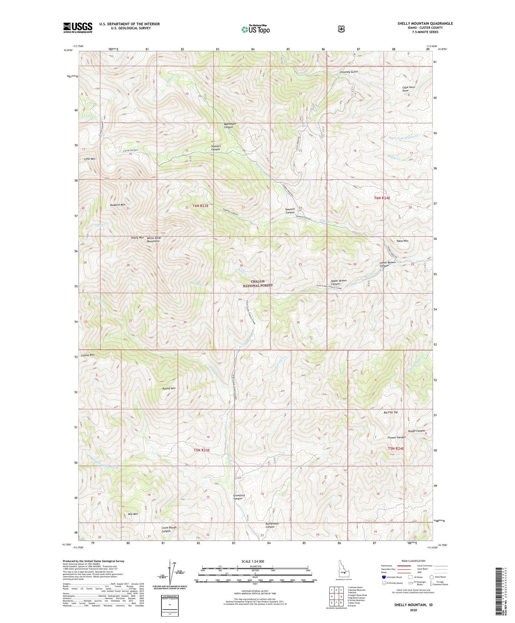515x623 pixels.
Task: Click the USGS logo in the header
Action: tap(78, 27)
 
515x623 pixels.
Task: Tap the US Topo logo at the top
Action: tap(255, 29)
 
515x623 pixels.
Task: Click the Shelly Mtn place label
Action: tap(137, 238)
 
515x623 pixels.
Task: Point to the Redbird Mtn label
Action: tap(118, 205)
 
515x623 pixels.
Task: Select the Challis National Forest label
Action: tap(258, 283)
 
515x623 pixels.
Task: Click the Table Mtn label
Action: tap(402, 241)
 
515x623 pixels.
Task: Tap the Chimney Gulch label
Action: tap(349, 72)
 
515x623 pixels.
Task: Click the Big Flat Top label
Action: tap(391, 412)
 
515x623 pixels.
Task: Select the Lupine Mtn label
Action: tap(87, 355)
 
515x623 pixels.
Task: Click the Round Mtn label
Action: tap(169, 388)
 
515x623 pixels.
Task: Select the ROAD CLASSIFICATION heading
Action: tap(413, 561)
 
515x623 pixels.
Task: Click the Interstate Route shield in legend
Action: tap(383, 577)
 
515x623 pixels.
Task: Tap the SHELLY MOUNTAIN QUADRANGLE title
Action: tap(425, 24)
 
